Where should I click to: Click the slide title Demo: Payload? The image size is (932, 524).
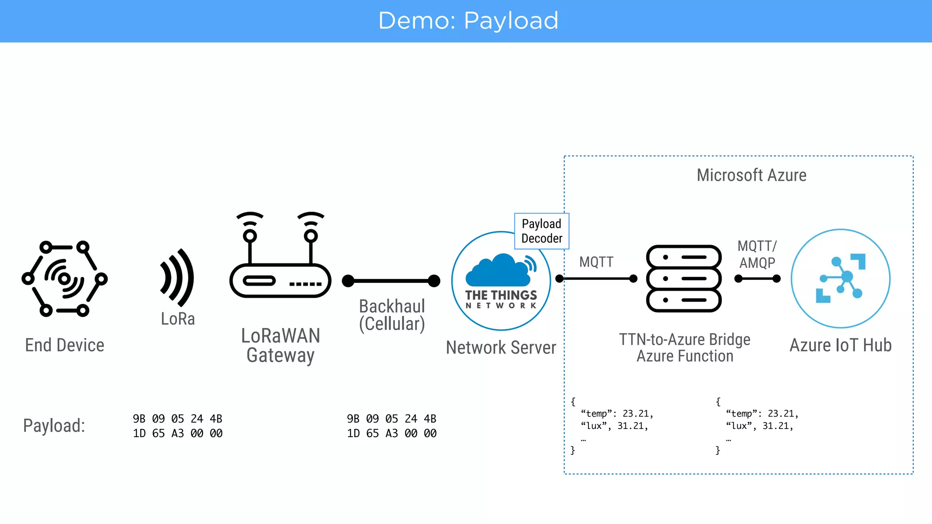click(x=468, y=21)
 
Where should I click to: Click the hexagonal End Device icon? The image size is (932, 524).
click(x=65, y=278)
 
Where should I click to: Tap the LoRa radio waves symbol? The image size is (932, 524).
click(x=177, y=277)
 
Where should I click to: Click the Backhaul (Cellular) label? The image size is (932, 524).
click(x=392, y=315)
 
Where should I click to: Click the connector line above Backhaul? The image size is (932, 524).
click(x=391, y=281)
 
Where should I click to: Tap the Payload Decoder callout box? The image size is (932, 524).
click(x=542, y=231)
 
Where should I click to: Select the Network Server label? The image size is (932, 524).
click(x=501, y=348)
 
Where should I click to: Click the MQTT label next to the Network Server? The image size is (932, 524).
click(x=596, y=262)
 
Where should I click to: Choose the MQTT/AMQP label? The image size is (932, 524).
click(x=757, y=254)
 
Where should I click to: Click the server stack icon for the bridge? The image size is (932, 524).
click(x=684, y=278)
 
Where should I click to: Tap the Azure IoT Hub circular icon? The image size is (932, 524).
click(x=841, y=278)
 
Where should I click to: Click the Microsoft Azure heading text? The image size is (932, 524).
click(x=751, y=175)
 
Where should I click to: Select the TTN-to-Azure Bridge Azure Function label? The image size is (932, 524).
click(x=685, y=348)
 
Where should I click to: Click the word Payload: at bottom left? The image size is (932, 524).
click(x=54, y=426)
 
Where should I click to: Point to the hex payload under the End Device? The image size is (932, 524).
click(x=177, y=426)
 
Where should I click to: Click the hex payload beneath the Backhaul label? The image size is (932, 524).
click(x=391, y=426)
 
